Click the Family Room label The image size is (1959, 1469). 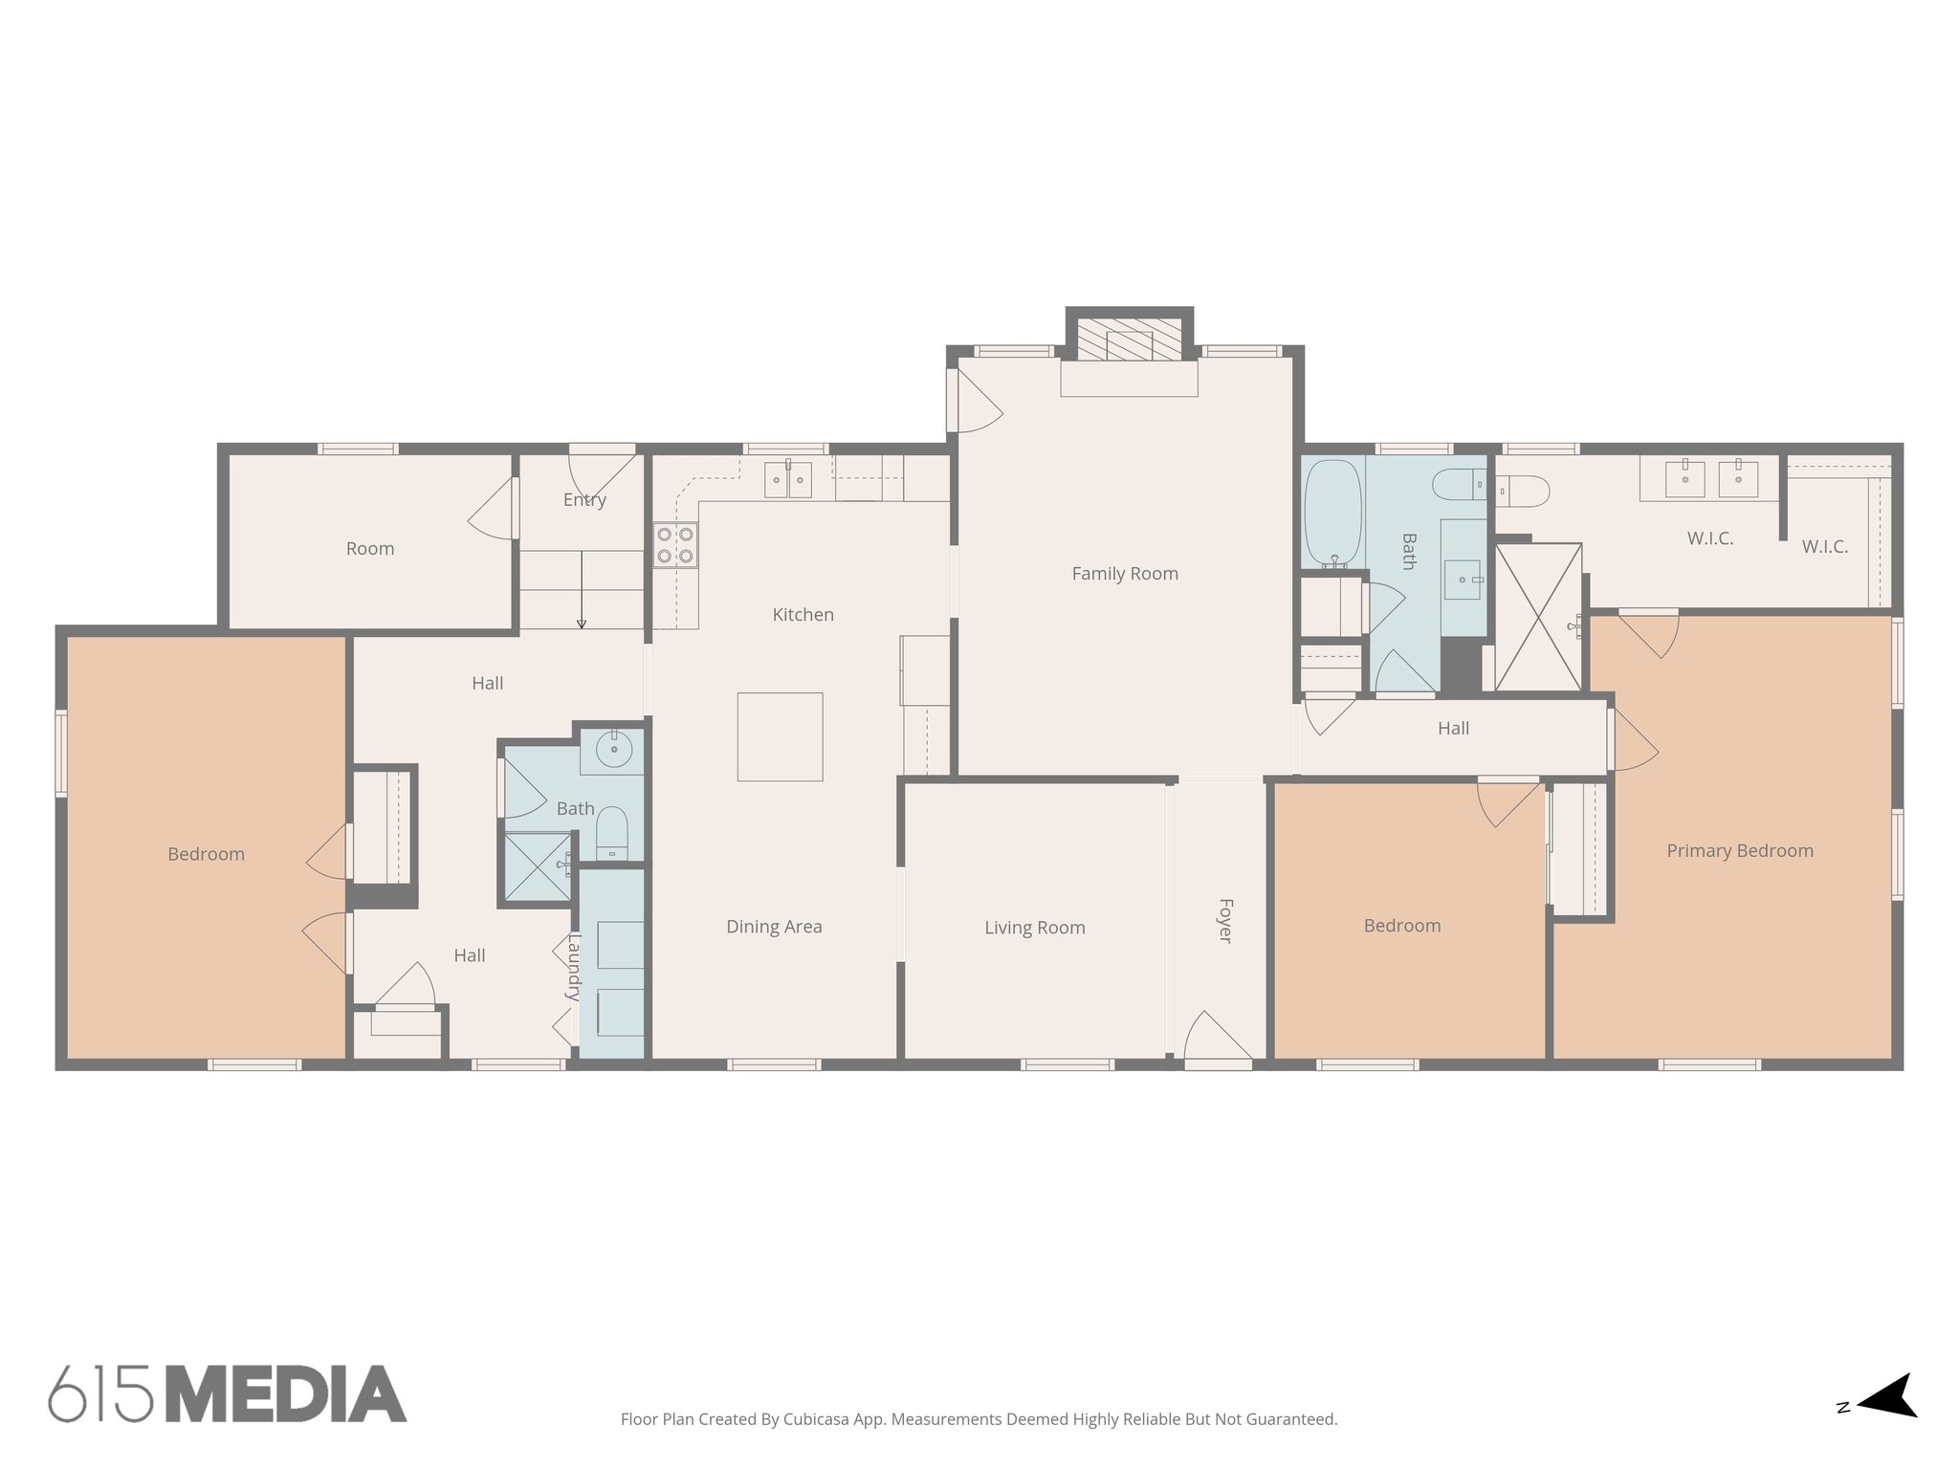(x=1124, y=574)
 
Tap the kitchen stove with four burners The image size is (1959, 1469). (x=675, y=545)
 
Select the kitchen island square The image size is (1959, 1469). (x=780, y=736)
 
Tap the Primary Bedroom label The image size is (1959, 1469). (x=1739, y=851)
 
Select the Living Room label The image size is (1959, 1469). (x=1034, y=928)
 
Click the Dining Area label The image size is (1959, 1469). (x=774, y=927)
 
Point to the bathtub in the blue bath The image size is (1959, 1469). (x=1332, y=514)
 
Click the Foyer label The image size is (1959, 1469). (x=1225, y=920)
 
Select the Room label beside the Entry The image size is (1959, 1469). (x=370, y=549)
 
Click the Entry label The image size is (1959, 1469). (x=584, y=499)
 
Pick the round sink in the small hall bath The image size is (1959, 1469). (x=612, y=750)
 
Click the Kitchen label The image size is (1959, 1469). (x=803, y=615)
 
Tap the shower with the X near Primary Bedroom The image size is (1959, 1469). (x=1537, y=617)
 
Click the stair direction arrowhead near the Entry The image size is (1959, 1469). (x=582, y=625)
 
